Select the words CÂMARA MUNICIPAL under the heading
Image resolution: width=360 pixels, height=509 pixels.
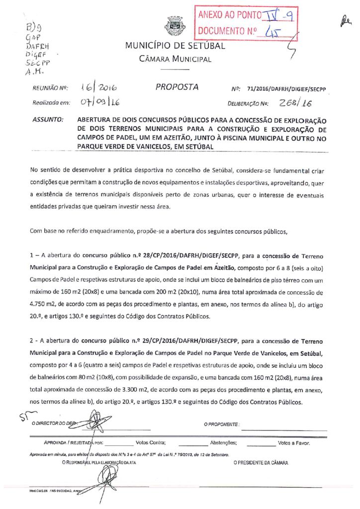coord(175,59)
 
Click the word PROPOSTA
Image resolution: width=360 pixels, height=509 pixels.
coord(177,87)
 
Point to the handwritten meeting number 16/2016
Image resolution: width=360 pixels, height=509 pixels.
coord(97,88)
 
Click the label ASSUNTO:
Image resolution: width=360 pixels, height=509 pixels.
coord(48,120)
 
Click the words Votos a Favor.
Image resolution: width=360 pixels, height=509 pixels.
coord(294,442)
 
